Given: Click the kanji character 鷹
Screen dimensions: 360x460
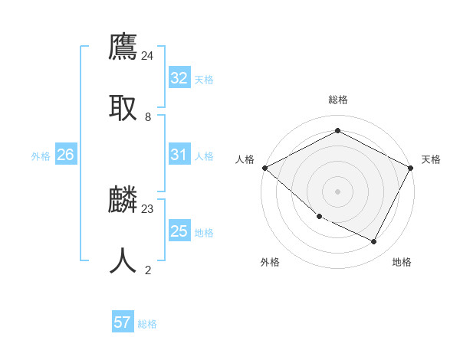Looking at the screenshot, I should pos(123,47).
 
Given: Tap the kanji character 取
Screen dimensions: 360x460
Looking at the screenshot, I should pos(123,108).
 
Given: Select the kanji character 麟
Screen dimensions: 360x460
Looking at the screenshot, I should pos(123,200).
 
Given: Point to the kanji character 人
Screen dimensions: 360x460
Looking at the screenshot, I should pos(123,261).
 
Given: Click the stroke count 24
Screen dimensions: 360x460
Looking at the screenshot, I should pos(148,55).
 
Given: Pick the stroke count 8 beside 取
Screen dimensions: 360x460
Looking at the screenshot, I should pos(148,116).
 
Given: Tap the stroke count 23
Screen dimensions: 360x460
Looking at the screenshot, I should pos(148,208).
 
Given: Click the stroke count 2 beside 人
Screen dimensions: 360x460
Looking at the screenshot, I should pos(148,270).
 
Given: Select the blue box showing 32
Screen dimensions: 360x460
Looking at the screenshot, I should pos(179,78).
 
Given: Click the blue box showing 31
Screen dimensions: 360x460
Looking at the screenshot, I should pos(179,155).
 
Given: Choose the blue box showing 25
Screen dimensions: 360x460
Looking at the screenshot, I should pos(179,231).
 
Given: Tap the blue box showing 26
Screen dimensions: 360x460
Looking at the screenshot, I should pos(65,155).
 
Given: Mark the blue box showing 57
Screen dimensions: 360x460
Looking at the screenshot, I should pos(122,322).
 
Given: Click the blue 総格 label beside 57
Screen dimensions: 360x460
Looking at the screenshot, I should pos(147,324).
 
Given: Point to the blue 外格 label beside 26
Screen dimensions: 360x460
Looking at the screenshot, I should pos(41,156).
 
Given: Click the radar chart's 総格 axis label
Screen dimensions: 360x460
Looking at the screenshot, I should pos(337,100).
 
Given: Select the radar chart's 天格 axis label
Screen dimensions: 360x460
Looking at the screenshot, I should pos(431,159).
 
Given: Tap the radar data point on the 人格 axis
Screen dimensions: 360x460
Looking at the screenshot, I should pos(264,168).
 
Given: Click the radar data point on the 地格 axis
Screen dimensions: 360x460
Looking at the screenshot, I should pos(374,241).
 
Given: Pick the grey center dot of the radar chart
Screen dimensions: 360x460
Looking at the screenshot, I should pos(337,191).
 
